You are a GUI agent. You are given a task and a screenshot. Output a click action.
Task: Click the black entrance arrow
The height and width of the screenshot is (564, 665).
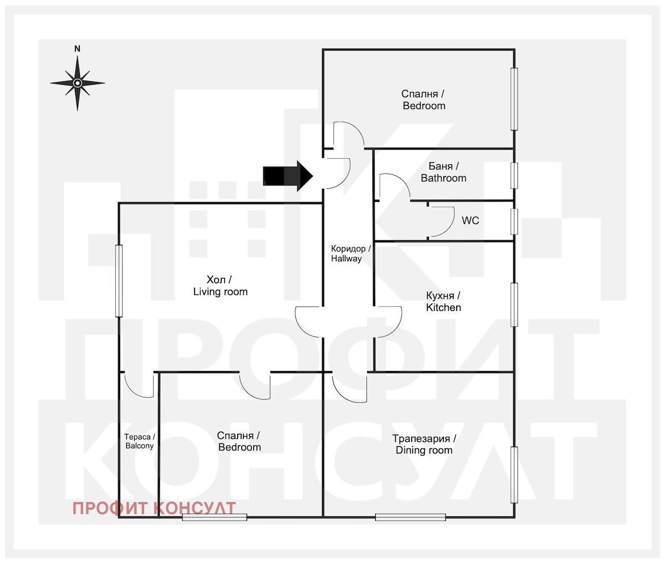[288, 176]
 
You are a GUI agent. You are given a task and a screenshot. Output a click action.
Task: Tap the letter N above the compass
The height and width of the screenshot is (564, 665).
[77, 49]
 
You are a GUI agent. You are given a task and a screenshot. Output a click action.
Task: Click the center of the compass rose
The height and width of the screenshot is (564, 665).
[78, 83]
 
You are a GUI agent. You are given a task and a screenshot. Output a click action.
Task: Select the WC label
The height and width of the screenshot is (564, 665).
[470, 220]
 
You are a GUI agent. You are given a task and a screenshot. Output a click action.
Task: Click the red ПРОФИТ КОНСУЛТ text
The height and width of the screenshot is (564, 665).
[154, 509]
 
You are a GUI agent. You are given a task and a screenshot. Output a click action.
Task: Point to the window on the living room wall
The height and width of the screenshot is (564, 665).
[119, 281]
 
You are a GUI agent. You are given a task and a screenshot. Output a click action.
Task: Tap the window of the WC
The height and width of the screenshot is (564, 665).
[514, 221]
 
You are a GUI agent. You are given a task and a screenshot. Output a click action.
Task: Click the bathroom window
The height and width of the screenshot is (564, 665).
[514, 175]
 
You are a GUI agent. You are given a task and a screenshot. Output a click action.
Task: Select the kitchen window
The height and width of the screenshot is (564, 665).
[514, 304]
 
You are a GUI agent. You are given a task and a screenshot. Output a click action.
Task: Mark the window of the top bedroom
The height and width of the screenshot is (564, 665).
[514, 99]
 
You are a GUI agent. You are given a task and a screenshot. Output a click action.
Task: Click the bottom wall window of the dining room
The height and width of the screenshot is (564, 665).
[411, 517]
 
